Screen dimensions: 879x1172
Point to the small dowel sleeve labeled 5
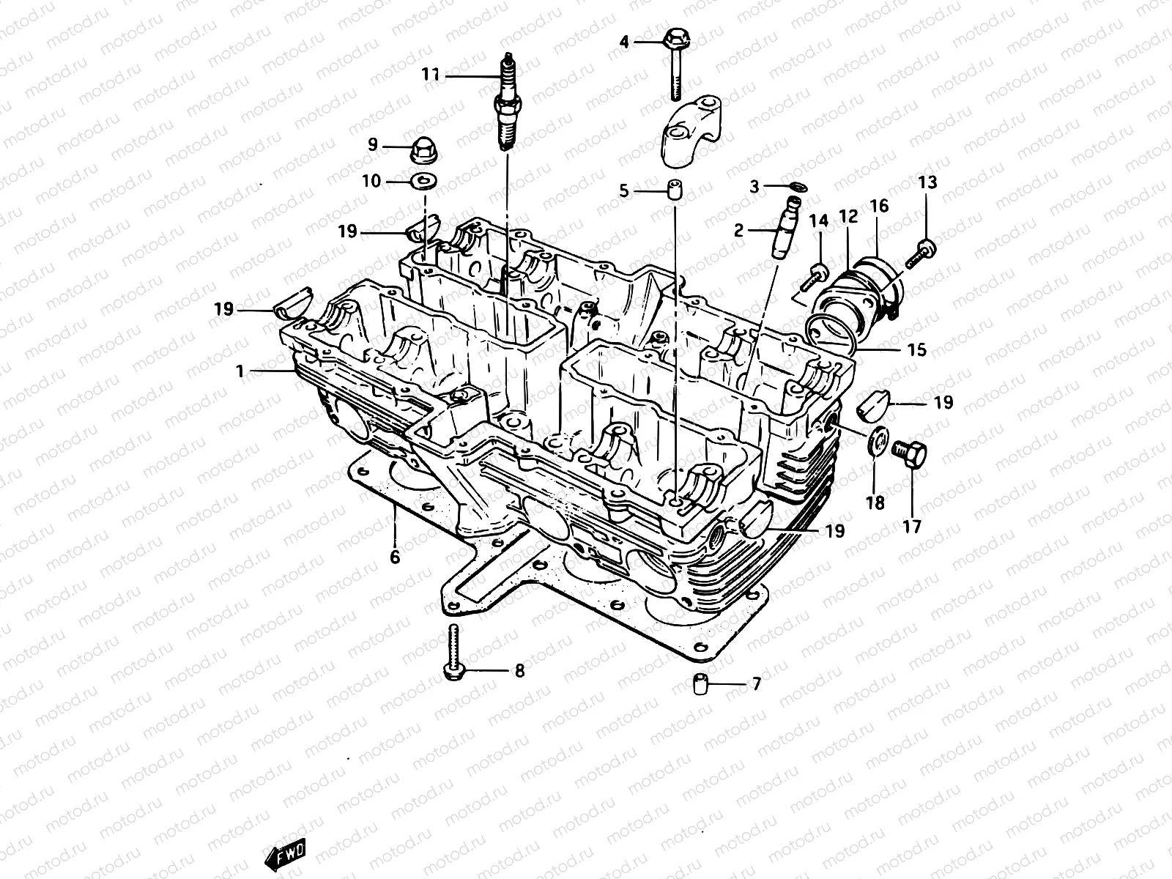click(x=674, y=190)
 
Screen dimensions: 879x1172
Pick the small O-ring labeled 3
click(x=799, y=188)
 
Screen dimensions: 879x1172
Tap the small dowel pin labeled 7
click(x=700, y=685)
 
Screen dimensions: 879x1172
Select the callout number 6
click(x=395, y=557)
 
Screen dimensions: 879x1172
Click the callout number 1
click(x=240, y=372)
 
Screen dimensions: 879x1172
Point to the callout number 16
click(x=879, y=207)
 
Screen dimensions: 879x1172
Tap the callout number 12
click(x=848, y=217)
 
